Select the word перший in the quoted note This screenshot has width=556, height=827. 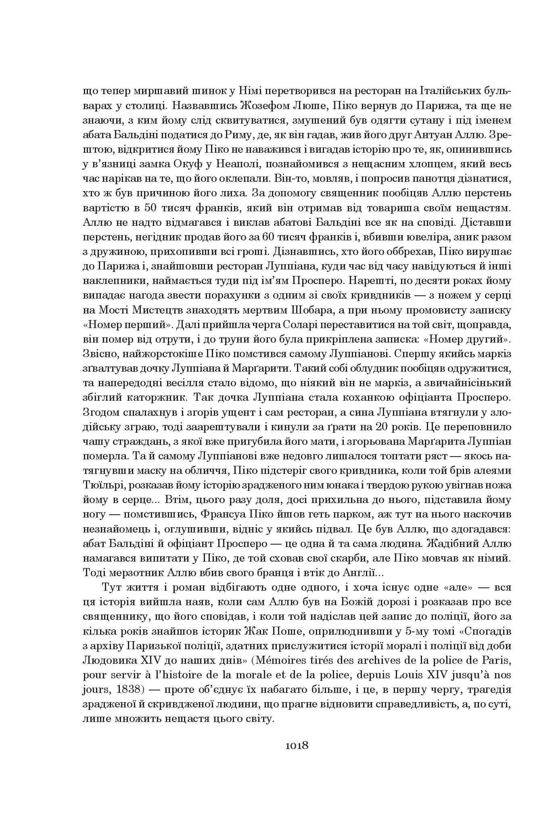point(149,324)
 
